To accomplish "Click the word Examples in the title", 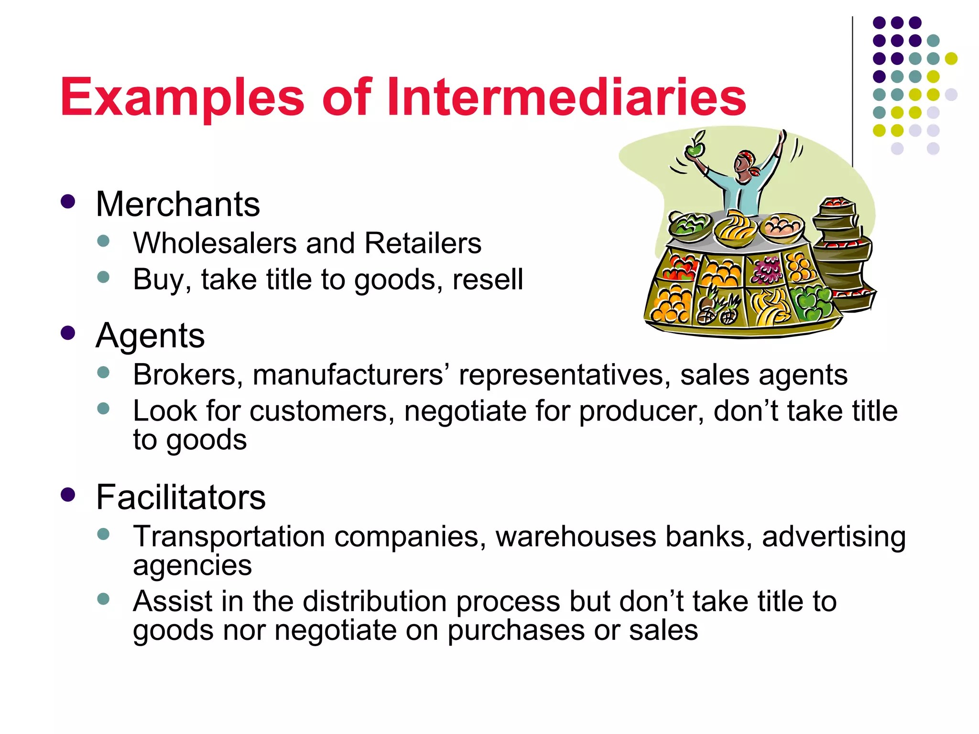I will pos(182,98).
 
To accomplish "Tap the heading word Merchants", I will pos(178,205).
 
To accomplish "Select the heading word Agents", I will pos(150,336).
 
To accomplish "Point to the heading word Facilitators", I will pos(181,497).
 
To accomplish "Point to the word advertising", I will pos(834,537).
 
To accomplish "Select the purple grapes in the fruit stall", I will pos(767,270).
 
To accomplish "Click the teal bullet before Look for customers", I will pos(103,409).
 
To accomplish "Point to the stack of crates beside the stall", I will pos(842,253).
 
